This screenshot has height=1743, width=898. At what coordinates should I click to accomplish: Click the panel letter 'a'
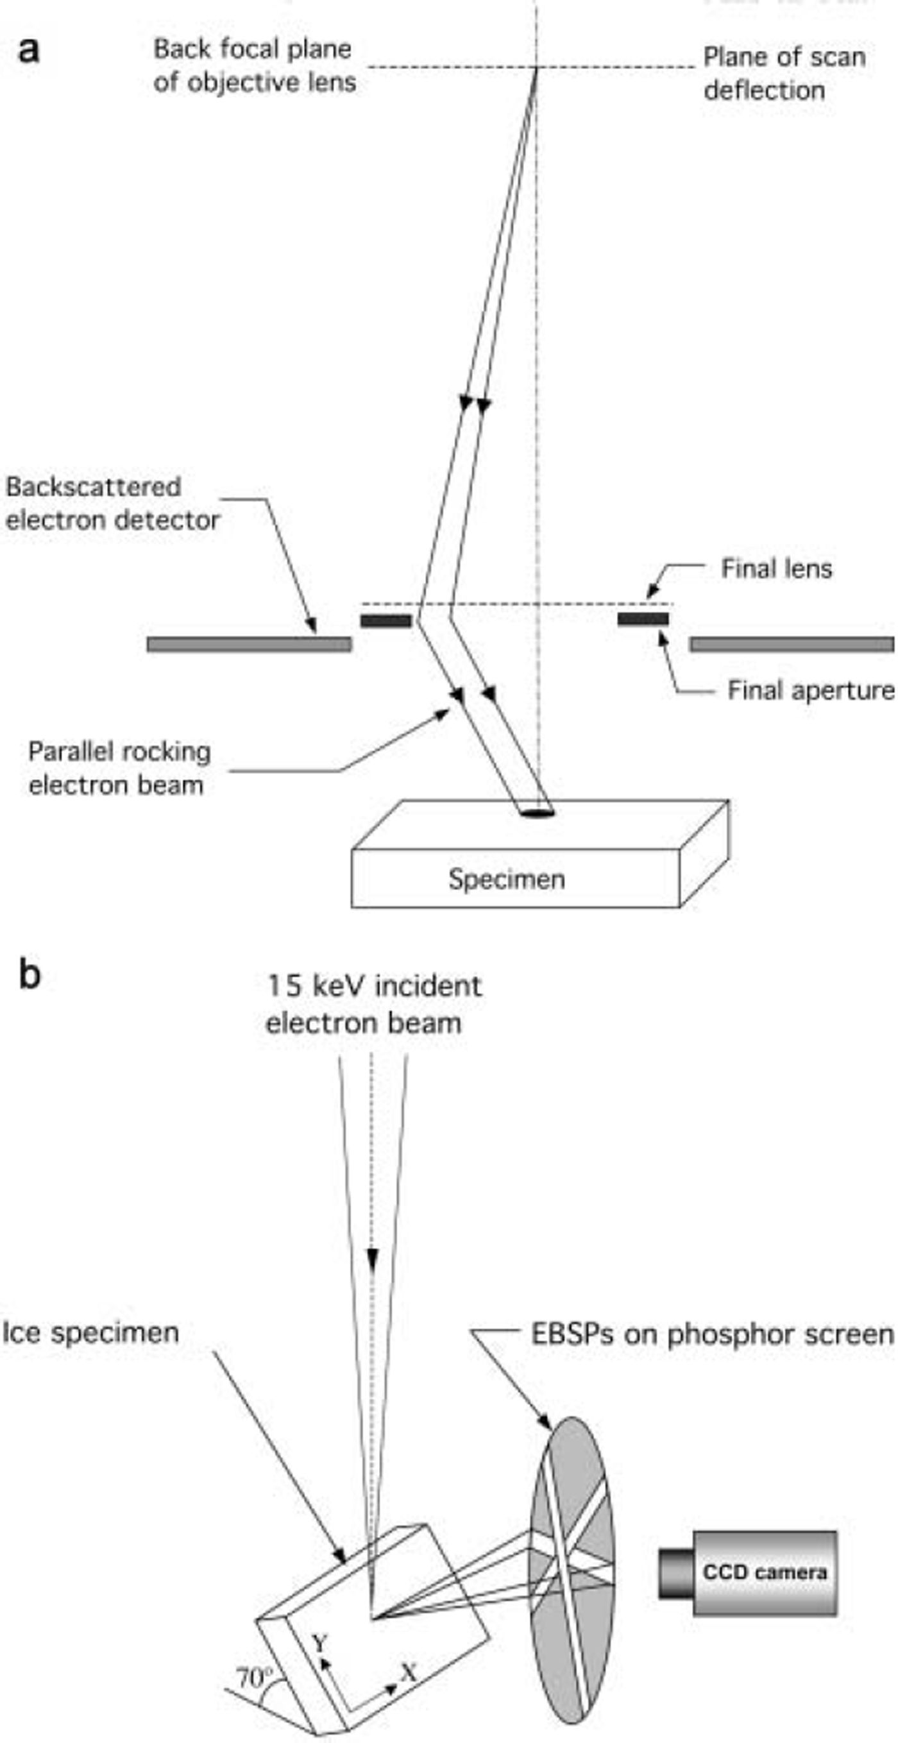(28, 50)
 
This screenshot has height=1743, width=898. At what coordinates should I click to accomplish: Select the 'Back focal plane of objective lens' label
(255, 65)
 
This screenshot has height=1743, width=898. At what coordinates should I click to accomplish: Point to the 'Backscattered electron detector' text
(112, 504)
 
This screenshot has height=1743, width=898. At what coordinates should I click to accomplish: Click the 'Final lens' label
(776, 569)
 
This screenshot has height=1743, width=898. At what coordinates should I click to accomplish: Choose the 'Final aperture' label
(810, 691)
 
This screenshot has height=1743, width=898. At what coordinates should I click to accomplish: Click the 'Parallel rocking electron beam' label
(119, 769)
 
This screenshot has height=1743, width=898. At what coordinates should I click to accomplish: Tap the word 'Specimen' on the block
(506, 879)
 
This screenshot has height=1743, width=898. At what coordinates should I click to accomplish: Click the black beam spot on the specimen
(537, 813)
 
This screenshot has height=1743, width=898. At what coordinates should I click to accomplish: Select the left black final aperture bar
(385, 620)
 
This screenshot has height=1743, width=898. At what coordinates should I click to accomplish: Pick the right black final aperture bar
(643, 619)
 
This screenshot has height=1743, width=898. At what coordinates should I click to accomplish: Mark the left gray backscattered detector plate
(249, 644)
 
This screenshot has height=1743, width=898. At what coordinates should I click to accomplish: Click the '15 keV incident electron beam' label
(373, 1004)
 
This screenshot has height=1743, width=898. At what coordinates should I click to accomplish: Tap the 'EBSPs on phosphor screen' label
(712, 1334)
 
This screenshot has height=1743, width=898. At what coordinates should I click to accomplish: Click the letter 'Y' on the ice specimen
(319, 1643)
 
